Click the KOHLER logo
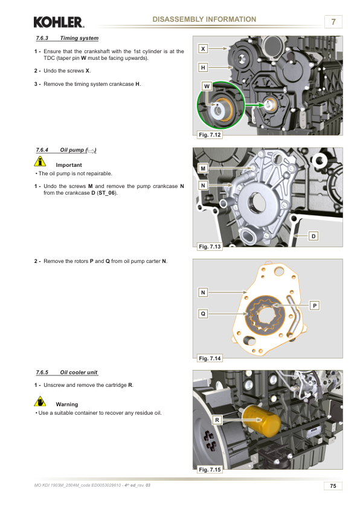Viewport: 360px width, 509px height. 59,22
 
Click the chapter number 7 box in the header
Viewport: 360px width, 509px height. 333,22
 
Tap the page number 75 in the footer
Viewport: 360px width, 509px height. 333,485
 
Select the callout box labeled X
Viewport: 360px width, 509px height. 203,49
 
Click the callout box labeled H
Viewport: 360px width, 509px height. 203,68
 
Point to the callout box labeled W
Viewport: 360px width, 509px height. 207,86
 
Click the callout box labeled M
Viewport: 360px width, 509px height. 203,169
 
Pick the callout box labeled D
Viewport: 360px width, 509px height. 313,236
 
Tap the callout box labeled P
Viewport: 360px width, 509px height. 315,305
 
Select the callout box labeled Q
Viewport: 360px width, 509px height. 203,314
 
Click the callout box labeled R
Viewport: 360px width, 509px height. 217,420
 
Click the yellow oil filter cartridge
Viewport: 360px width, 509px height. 261,421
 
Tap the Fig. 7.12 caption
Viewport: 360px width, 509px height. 210,135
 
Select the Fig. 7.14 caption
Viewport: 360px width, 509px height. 210,358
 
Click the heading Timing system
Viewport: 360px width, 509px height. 80,38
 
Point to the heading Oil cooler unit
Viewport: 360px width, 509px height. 79,372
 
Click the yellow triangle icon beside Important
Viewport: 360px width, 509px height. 40,161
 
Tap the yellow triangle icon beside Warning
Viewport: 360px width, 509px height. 40,401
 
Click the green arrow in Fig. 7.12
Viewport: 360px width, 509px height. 254,105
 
